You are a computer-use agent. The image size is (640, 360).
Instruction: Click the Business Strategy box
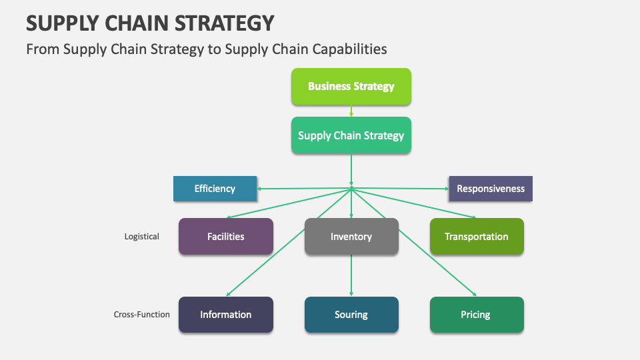pos(351,87)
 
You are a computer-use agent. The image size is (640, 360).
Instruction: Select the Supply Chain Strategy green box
pos(351,135)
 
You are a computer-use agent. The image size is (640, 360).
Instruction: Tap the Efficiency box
pos(215,189)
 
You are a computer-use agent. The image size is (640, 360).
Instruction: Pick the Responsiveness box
pos(491,189)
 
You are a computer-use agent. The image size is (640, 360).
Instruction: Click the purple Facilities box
pos(226,236)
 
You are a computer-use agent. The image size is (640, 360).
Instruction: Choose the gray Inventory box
pos(351,236)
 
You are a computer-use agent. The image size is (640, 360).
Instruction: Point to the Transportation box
pos(477,236)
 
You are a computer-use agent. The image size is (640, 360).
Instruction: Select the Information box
pos(226,315)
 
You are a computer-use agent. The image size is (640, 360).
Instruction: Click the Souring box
pos(351,315)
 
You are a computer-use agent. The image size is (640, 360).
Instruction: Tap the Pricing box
pos(477,315)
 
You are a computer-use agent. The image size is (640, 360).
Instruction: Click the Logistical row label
pos(141,237)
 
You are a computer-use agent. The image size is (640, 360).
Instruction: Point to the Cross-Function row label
pos(141,314)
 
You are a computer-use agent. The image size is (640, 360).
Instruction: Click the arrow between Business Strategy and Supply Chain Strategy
pos(351,111)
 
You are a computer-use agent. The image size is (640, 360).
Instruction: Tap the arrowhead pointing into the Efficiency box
pos(259,189)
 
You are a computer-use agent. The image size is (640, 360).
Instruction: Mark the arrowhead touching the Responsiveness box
pos(447,189)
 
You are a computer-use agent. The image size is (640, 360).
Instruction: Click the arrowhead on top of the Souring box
pos(351,294)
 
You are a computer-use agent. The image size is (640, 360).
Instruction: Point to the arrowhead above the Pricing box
pos(474,294)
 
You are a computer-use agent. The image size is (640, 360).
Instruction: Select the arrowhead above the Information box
pos(229,294)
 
